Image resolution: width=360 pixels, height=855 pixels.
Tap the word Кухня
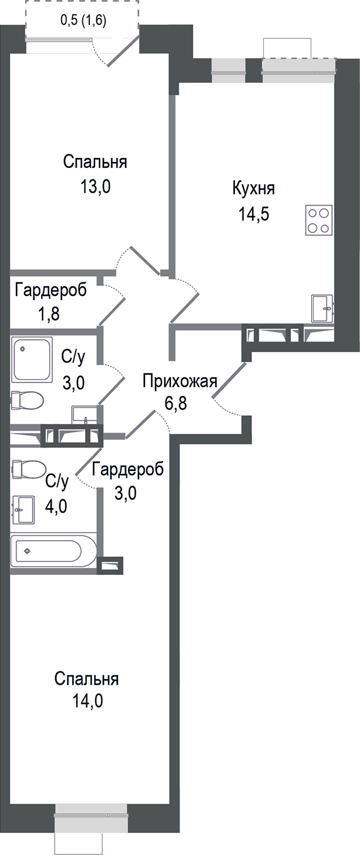254,189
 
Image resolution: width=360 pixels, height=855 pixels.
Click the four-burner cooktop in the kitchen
319,220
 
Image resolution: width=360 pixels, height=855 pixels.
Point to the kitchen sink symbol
322,309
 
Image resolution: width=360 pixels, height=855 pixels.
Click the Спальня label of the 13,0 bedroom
96,161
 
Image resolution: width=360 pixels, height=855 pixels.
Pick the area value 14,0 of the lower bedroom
87,701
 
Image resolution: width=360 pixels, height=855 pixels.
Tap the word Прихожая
180,381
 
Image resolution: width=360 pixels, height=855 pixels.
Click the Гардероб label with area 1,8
51,290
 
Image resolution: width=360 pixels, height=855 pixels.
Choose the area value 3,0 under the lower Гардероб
125,493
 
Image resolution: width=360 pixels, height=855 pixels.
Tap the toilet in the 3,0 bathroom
27,400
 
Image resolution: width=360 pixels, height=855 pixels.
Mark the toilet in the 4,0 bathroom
28,469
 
